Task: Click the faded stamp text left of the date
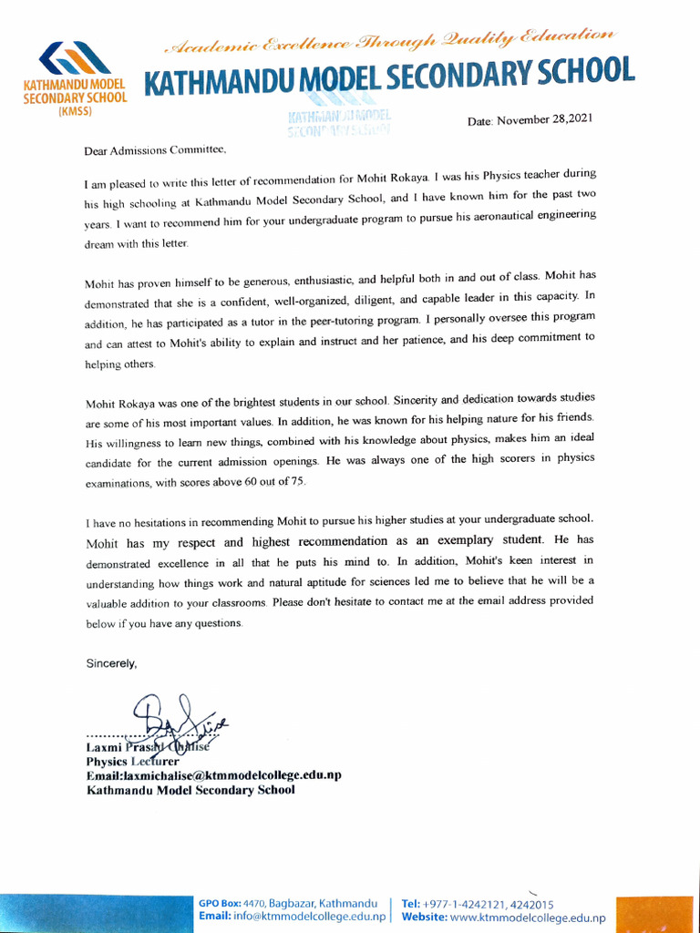(x=339, y=124)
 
